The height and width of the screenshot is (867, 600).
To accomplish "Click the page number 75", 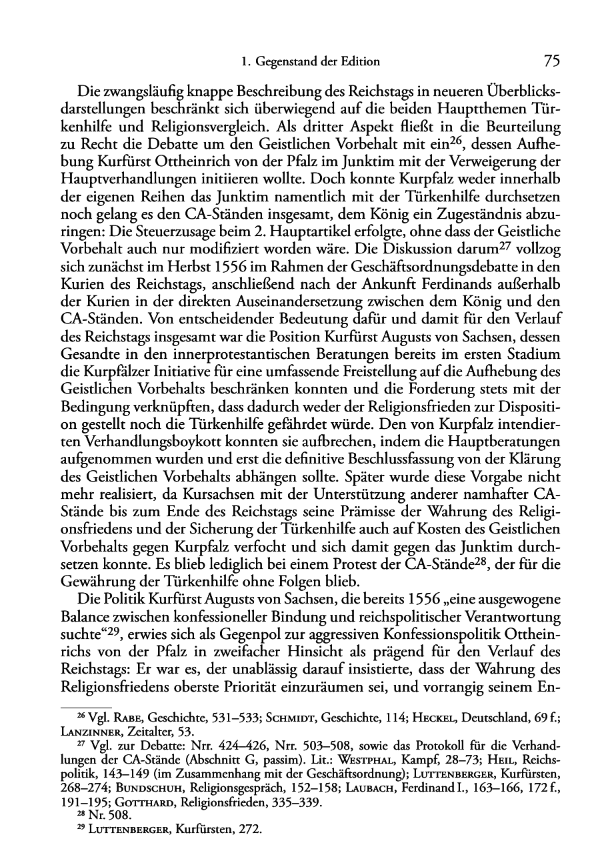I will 551,61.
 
